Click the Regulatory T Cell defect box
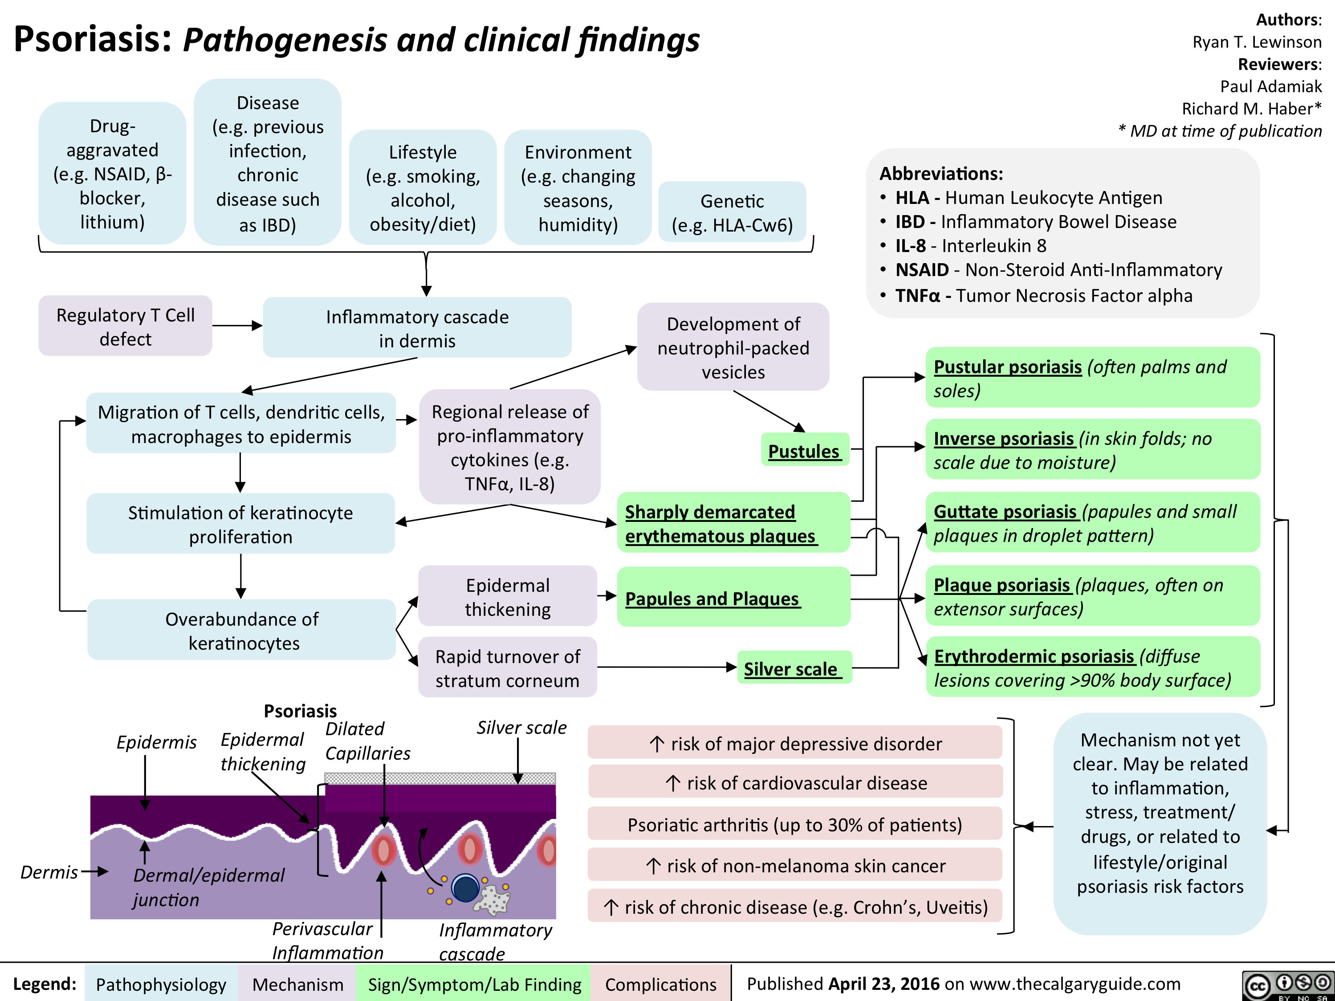coord(126,326)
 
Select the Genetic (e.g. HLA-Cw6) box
coord(732,212)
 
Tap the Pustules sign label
coord(804,451)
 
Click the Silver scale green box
coord(793,668)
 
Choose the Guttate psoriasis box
coord(1092,522)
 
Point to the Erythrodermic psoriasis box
coord(1092,667)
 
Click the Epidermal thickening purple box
coord(508,597)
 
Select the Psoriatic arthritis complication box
coord(795,824)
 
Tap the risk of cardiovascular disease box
coord(795,782)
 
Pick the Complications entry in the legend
coord(660,984)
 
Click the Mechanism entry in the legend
coord(297,984)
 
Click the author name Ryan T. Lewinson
coord(1257,41)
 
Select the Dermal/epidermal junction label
coord(208,887)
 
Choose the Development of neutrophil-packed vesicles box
coord(733,347)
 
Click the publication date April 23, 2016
coord(883,984)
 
